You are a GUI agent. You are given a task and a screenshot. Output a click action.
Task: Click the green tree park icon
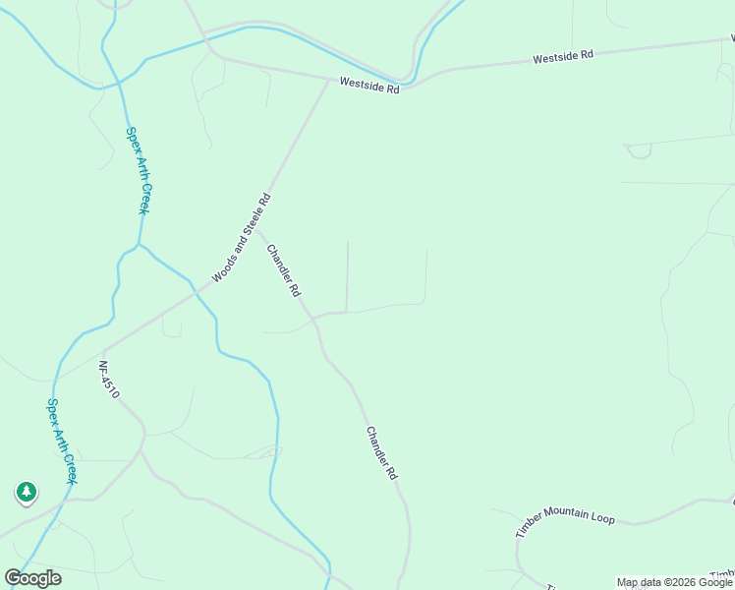click(x=26, y=491)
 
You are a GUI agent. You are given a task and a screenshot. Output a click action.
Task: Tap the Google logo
click(x=33, y=578)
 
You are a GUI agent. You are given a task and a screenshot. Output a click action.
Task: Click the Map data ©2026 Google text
click(x=674, y=582)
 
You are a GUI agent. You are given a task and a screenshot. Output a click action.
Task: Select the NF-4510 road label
click(x=108, y=379)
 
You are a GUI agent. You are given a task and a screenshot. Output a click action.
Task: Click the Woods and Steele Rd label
click(x=241, y=239)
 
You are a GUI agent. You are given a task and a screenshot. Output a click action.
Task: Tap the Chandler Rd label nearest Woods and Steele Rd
click(x=283, y=270)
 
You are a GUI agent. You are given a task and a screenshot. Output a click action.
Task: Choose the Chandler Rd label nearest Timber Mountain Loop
click(x=381, y=452)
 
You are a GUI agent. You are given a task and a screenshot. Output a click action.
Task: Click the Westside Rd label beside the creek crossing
click(x=369, y=87)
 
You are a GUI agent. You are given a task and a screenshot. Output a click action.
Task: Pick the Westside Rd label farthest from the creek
click(x=563, y=58)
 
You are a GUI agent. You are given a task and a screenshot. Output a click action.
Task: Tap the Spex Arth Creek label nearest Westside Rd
click(x=136, y=170)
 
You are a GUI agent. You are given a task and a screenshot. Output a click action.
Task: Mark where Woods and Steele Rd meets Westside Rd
click(x=328, y=80)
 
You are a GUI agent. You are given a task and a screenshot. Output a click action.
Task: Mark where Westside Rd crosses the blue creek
click(x=406, y=83)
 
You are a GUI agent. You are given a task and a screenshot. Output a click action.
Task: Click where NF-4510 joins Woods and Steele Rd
click(x=102, y=351)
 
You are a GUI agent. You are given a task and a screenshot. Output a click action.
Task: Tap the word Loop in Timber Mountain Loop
click(x=600, y=516)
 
